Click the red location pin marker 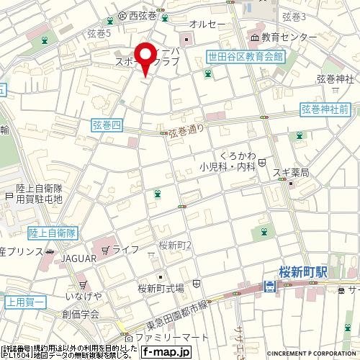pos(146,58)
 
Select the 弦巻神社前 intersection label pos(325,109)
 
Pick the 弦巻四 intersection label pos(108,125)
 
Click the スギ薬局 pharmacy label pos(291,173)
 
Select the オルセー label pos(208,24)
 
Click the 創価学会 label pos(80,314)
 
